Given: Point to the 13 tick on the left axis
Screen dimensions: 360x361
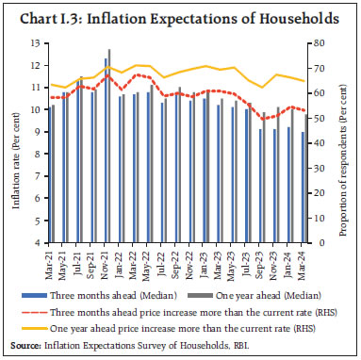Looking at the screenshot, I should [35, 43].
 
